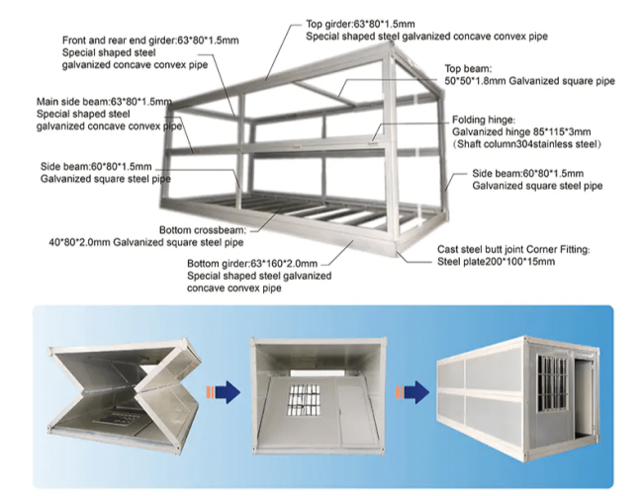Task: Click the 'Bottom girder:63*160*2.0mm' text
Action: (x=252, y=264)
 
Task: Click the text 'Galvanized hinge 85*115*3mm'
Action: (x=520, y=131)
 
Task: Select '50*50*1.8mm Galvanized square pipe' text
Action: (x=530, y=81)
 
